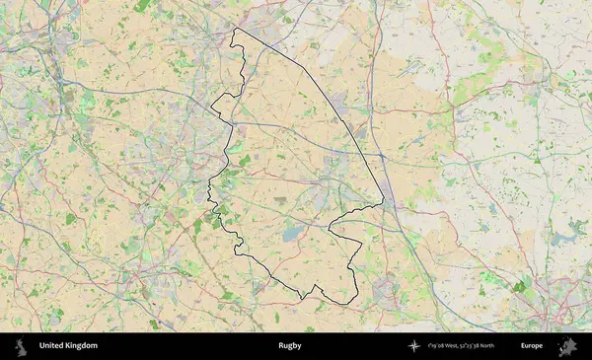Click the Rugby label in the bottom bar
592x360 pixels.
point(289,346)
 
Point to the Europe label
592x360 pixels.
point(532,346)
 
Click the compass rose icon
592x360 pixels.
point(414,346)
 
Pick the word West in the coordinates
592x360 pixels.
point(452,346)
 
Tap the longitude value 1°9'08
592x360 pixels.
point(435,346)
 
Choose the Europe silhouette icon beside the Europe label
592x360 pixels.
point(567,346)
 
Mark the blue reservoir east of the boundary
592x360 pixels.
point(563,238)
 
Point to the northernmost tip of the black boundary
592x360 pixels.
point(235,30)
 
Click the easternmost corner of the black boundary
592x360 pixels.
point(383,204)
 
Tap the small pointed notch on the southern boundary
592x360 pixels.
point(315,287)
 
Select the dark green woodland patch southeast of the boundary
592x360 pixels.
point(519,286)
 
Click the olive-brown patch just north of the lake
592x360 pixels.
point(281,200)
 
